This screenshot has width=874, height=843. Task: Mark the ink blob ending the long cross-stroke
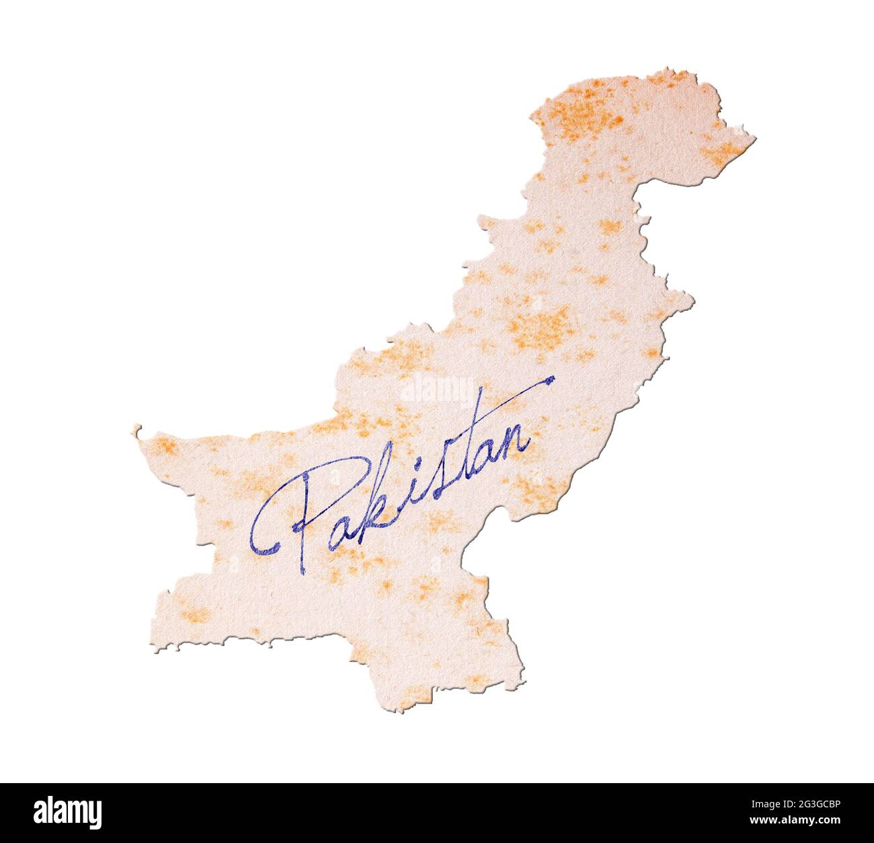(551, 380)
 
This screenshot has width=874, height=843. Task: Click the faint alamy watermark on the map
(436, 390)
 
